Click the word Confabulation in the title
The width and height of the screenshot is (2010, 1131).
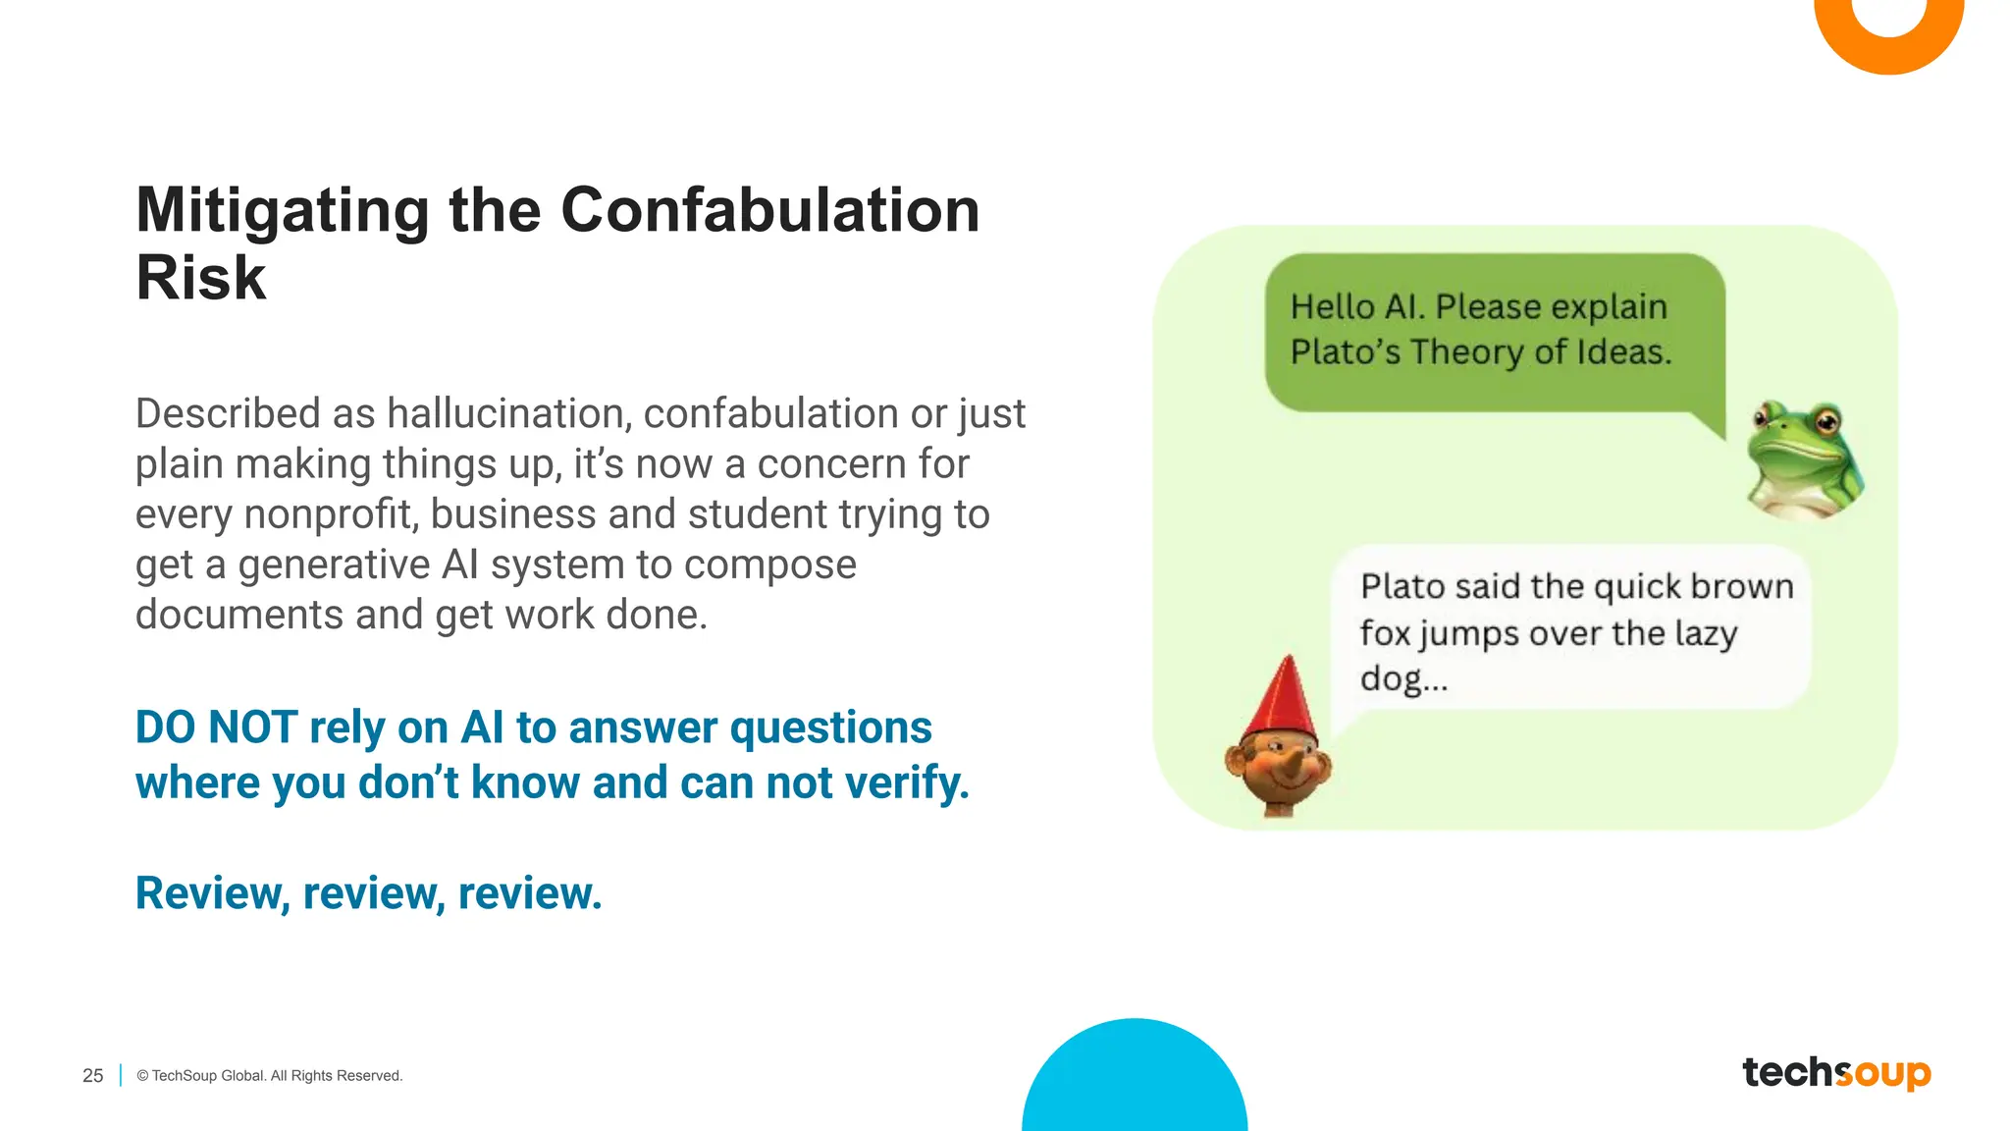[769, 210]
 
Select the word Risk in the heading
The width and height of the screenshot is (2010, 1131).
[201, 278]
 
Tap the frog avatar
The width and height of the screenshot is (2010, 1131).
[1805, 458]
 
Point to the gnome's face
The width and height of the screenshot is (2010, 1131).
[1278, 771]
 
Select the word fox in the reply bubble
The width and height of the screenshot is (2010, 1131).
[1385, 633]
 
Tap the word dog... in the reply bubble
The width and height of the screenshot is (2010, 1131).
[1403, 679]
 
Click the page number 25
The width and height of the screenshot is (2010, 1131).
[93, 1076]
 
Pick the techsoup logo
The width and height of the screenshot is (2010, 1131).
[1836, 1072]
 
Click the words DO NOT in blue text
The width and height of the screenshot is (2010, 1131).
[216, 727]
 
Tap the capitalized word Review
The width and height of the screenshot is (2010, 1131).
[210, 893]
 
